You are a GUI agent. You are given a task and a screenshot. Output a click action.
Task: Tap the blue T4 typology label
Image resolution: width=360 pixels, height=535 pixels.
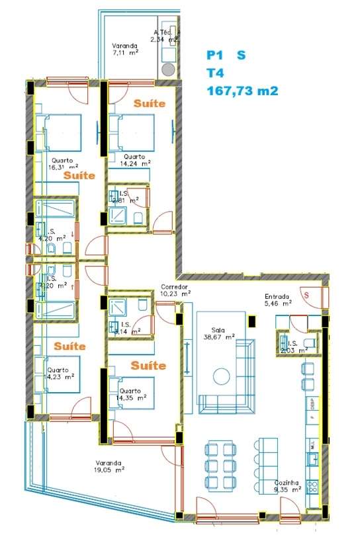pyautogui.click(x=214, y=73)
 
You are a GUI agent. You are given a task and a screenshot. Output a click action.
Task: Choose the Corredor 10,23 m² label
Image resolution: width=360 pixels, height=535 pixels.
pyautogui.click(x=175, y=290)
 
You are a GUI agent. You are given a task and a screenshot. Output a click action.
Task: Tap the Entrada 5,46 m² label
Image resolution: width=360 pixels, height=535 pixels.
pyautogui.click(x=278, y=300)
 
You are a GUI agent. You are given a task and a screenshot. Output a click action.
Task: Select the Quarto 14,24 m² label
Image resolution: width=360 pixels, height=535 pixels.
pyautogui.click(x=135, y=160)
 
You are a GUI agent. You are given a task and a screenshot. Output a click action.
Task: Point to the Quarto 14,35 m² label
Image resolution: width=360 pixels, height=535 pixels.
pyautogui.click(x=131, y=395)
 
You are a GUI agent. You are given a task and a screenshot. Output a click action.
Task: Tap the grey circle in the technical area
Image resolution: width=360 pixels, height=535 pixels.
pyautogui.click(x=168, y=69)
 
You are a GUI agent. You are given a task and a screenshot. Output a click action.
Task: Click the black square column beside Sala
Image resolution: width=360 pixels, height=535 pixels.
pyautogui.click(x=251, y=321)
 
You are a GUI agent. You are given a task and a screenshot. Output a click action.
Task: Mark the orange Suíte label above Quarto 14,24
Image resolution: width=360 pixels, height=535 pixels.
pyautogui.click(x=149, y=104)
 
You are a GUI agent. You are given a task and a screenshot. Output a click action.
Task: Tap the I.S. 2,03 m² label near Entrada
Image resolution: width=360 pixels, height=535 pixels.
pyautogui.click(x=289, y=343)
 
